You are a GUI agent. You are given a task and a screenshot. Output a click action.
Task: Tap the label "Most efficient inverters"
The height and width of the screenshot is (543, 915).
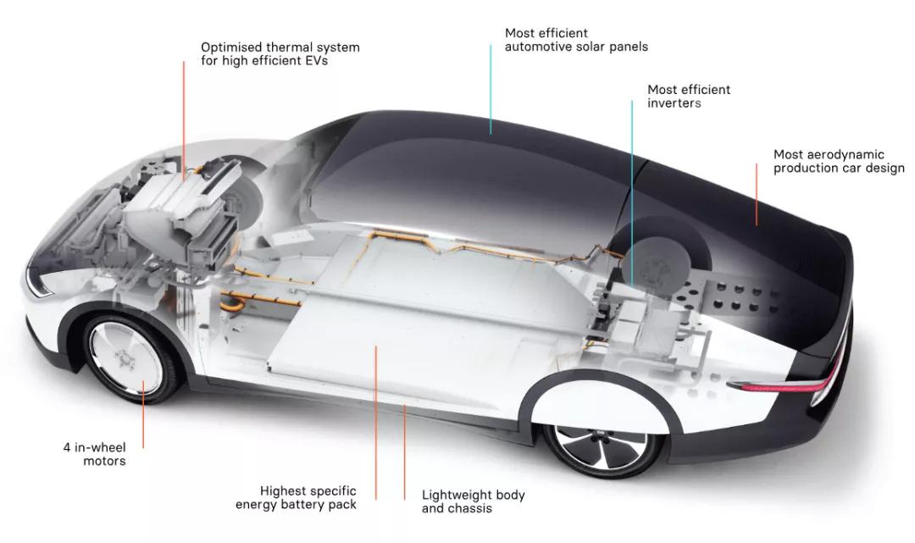coord(688,96)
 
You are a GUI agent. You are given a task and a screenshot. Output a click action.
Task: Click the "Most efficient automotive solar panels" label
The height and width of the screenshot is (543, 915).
coord(576,40)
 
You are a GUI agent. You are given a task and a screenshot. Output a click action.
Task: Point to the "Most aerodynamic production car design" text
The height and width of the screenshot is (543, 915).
coord(838,161)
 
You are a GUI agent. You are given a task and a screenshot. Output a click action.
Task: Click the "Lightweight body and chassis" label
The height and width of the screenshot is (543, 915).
coord(473,501)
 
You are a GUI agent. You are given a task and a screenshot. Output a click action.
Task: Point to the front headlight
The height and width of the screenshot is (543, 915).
coord(38,284)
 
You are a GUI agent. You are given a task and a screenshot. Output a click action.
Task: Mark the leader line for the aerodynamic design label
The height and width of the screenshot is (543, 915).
coord(757,195)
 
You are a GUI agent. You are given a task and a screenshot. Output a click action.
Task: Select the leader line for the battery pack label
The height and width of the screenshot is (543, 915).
coord(375,415)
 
